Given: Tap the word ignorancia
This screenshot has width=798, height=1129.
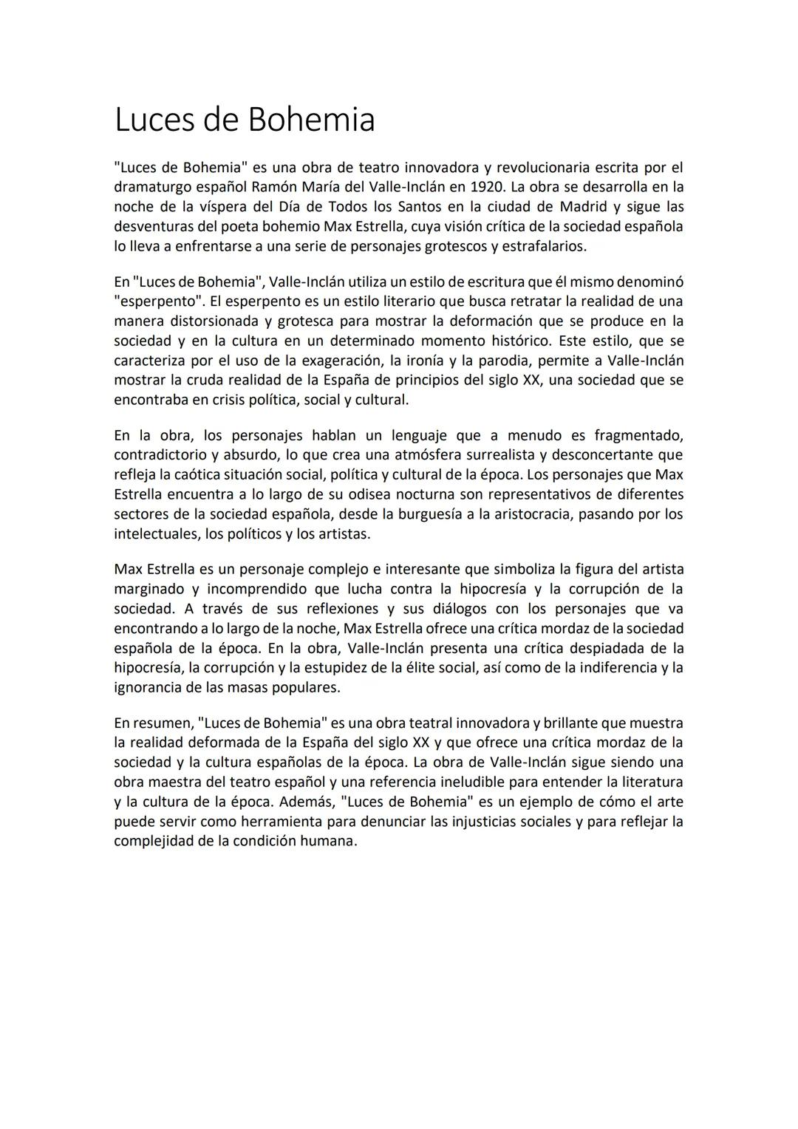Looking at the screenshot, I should tap(148, 687).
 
